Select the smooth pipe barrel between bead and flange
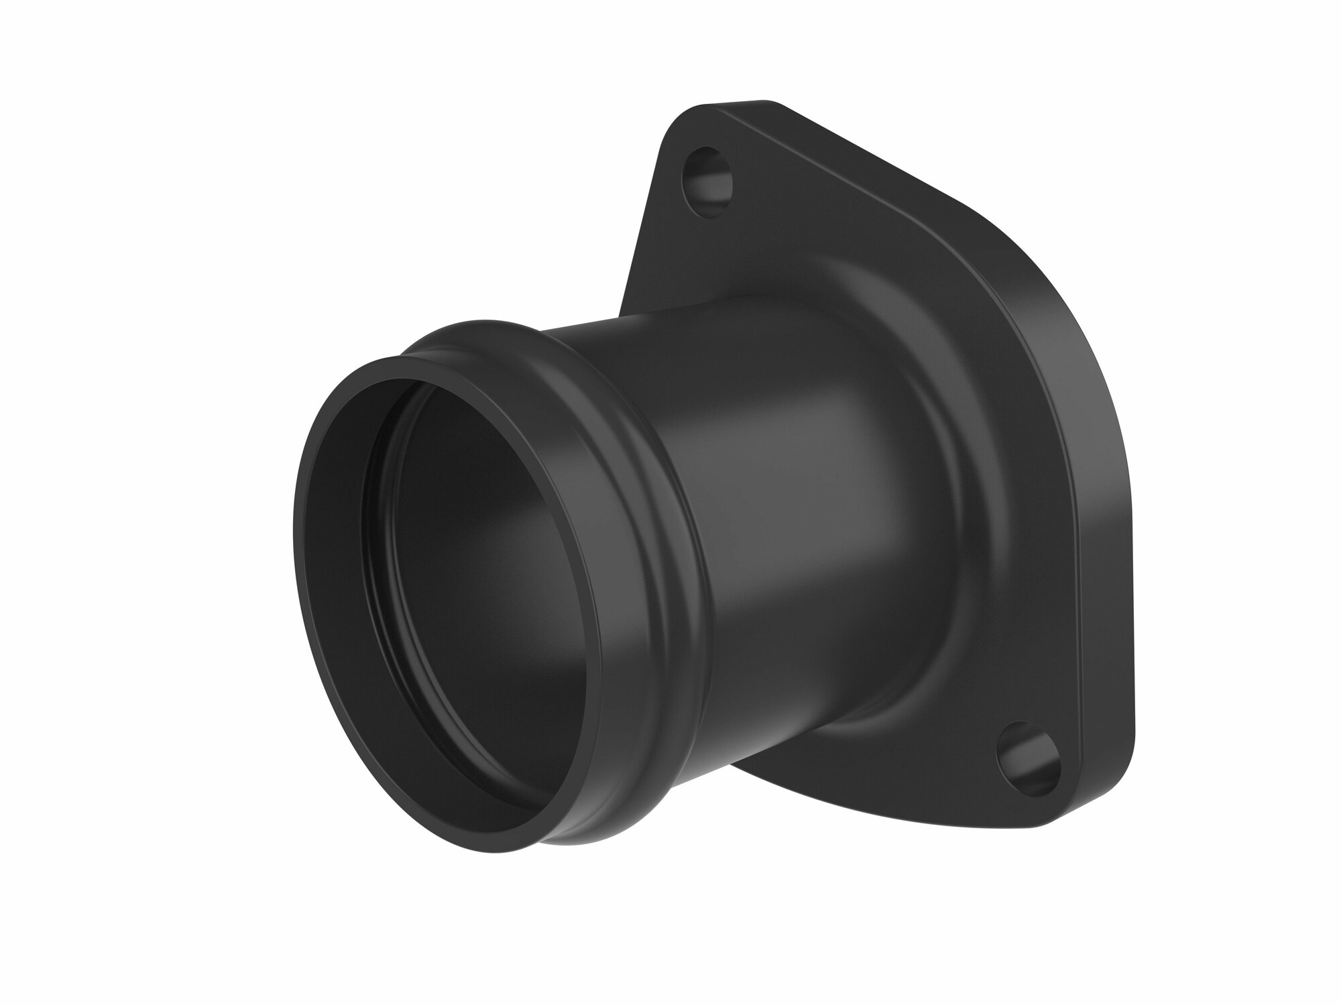point(771,509)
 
